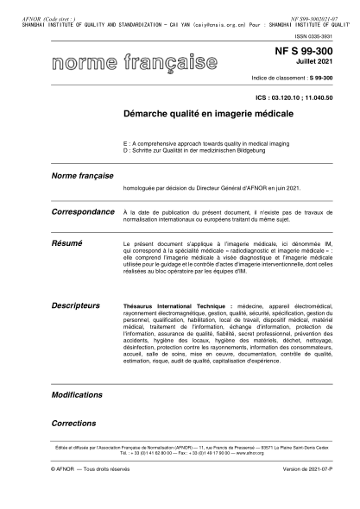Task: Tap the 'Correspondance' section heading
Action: click(x=83, y=211)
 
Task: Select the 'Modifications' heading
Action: click(x=77, y=393)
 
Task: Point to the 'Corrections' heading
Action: click(x=73, y=424)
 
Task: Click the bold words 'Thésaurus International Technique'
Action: click(x=165, y=305)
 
